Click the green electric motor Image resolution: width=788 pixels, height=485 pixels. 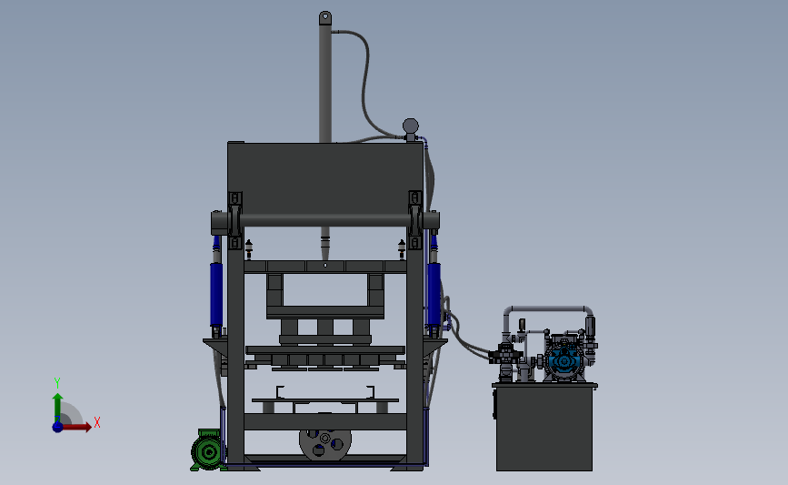[208, 450]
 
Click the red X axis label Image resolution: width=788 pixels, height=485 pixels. [97, 422]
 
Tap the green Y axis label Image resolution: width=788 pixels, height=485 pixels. [57, 383]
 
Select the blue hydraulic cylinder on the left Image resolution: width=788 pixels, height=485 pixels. [216, 294]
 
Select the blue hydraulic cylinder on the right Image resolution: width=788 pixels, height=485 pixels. [434, 294]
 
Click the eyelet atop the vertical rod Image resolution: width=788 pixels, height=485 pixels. [325, 17]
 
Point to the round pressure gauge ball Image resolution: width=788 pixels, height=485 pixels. [411, 126]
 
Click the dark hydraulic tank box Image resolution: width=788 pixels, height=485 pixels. [544, 428]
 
